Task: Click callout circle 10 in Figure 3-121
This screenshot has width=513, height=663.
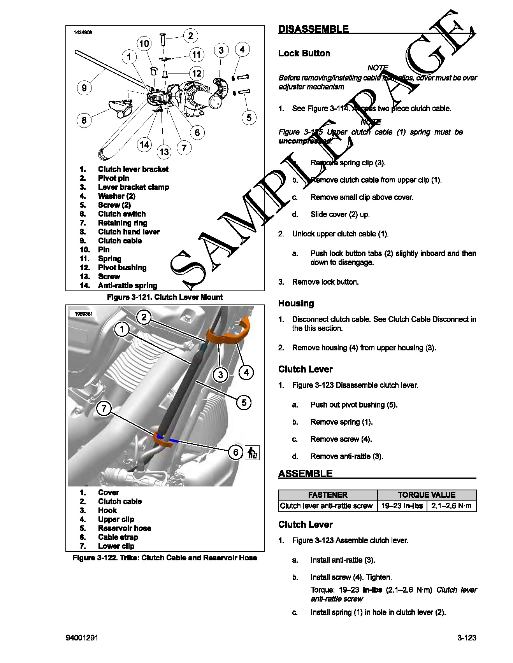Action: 144,44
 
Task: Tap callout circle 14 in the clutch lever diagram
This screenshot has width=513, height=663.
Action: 144,145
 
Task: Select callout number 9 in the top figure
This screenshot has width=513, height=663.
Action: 84,88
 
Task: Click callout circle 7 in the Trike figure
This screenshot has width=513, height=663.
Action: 104,409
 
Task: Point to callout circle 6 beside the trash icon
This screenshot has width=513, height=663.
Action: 235,452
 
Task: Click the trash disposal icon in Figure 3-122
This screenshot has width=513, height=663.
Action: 252,453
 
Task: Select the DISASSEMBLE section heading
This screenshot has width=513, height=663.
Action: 313,29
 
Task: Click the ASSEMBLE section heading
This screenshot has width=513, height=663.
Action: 305,474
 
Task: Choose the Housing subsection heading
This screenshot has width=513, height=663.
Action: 296,303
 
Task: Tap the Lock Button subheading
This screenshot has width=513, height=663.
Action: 304,53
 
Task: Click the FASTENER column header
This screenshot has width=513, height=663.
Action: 328,495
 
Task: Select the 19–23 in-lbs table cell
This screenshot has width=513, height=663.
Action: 402,506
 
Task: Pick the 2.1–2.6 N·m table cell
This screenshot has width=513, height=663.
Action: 451,506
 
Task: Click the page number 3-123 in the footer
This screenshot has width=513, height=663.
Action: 467,638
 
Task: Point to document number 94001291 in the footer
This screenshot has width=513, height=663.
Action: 82,638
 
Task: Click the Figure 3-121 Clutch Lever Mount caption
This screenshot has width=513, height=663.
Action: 165,297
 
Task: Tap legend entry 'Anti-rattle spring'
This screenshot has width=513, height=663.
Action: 127,285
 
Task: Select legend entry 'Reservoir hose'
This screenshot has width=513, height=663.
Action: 124,528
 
